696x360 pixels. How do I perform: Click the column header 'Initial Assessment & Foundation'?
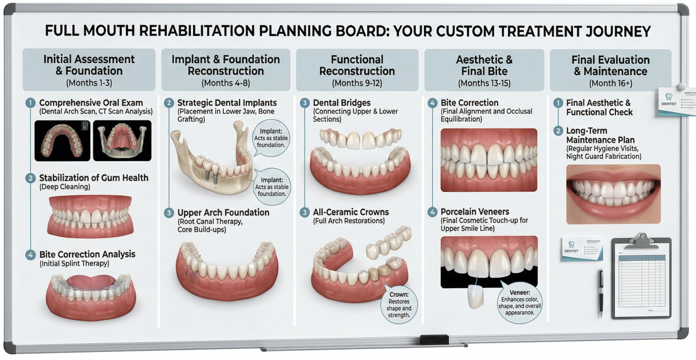(x=89, y=65)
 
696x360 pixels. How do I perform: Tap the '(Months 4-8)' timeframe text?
(x=226, y=83)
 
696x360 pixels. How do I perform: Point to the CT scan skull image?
(x=122, y=140)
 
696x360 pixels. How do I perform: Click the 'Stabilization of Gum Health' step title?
(x=93, y=178)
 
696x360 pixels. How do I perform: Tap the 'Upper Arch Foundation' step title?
(x=223, y=213)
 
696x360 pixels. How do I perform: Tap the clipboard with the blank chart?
(x=641, y=277)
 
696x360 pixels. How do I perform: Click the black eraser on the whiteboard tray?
(x=434, y=340)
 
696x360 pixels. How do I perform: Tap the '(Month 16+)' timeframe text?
(x=610, y=83)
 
